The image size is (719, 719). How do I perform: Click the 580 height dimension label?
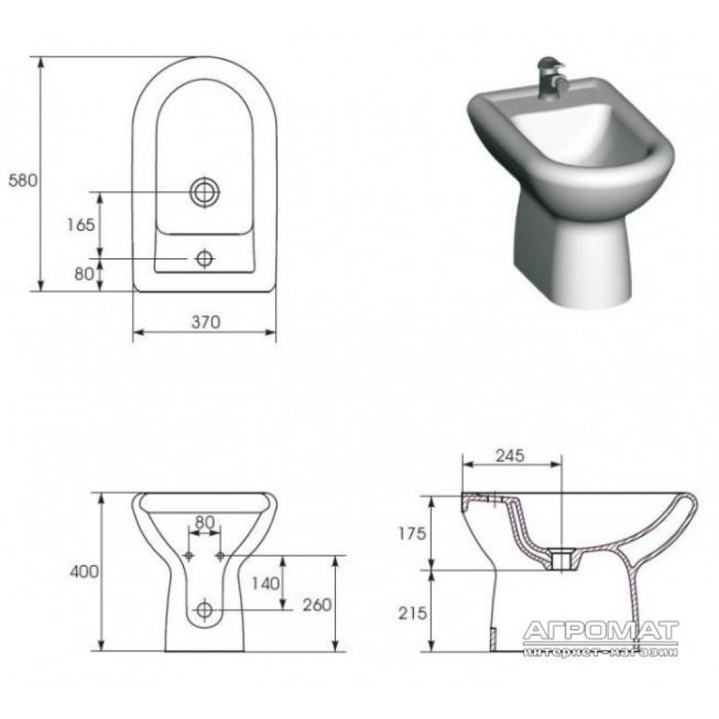click(23, 180)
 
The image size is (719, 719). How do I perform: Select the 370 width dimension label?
click(206, 322)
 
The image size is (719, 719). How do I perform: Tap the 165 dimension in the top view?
click(81, 224)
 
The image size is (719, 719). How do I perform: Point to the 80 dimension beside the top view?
click(84, 274)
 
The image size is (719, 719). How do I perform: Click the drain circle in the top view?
click(205, 192)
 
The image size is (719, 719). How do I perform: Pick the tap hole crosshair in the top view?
click(204, 259)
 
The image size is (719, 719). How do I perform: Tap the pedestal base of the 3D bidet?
click(573, 257)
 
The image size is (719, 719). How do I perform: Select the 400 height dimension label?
click(84, 572)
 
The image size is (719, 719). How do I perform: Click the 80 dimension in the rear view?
click(204, 522)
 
